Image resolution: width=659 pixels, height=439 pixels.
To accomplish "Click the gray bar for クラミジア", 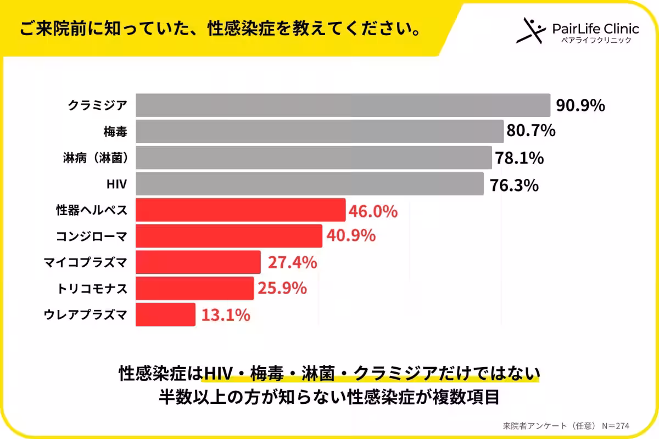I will [x=343, y=105].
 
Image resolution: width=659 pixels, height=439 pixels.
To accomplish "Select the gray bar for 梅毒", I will [x=320, y=131].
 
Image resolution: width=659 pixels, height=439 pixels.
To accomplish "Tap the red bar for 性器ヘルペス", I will [x=241, y=211].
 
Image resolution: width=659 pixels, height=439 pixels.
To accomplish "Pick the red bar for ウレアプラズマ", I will [x=165, y=314].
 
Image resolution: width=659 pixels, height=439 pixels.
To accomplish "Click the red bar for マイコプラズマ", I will [x=198, y=262].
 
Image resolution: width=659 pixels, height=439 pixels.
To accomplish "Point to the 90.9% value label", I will [x=580, y=105].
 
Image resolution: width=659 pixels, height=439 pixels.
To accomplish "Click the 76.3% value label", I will [x=514, y=185].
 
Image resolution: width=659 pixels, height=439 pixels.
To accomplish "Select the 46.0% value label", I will [x=373, y=211].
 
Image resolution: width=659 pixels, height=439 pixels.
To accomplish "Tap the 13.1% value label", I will [x=226, y=315].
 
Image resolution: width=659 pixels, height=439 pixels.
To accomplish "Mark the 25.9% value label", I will [x=282, y=288].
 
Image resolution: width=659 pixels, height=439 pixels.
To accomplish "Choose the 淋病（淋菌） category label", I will [x=96, y=158].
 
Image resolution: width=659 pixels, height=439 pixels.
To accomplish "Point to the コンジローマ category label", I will [x=92, y=237].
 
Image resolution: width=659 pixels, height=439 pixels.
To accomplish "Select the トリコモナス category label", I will [x=92, y=288].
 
